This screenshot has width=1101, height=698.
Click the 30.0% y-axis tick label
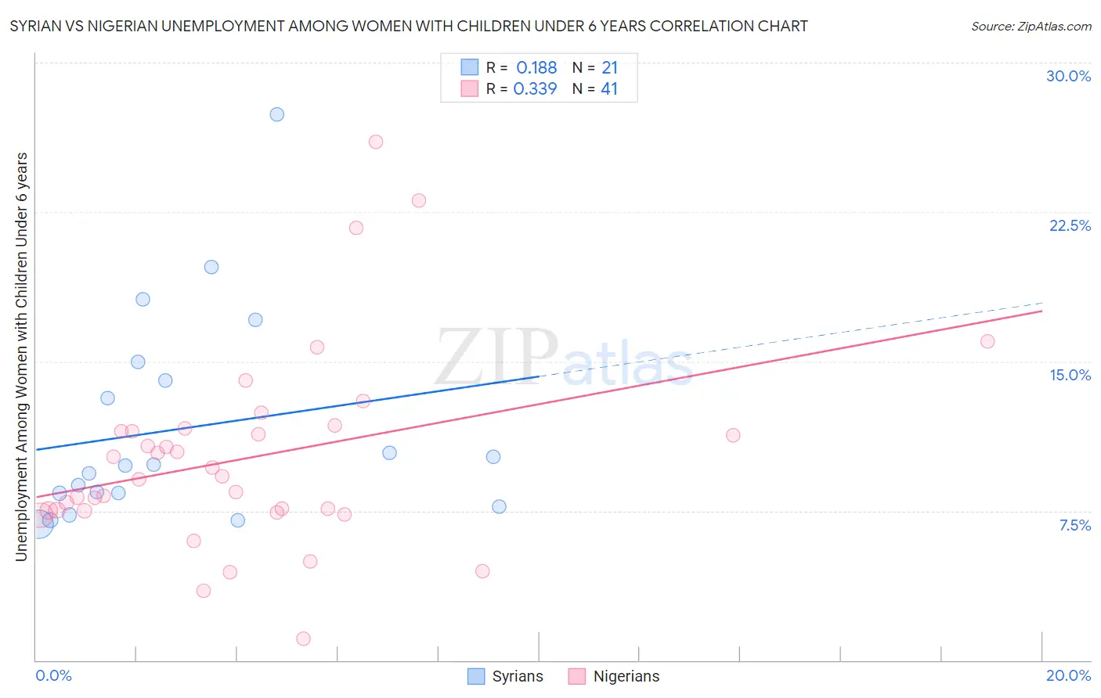click(x=1068, y=76)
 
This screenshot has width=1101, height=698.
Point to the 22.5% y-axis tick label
click(x=1070, y=225)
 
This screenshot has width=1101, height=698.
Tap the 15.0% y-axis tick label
click(x=1070, y=375)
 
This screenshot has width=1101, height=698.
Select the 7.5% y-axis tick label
click(x=1074, y=525)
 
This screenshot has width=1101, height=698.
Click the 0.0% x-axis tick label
click(x=53, y=675)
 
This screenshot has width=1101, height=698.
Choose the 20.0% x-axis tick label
click(x=1068, y=675)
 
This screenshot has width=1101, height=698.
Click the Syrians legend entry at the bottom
click(x=505, y=676)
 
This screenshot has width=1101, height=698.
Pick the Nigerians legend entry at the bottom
click(x=614, y=676)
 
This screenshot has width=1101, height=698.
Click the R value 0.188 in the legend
click(x=536, y=68)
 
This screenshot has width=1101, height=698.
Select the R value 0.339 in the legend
click(x=535, y=89)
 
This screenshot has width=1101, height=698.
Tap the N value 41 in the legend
click(x=609, y=89)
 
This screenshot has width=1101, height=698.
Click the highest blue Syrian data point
click(x=277, y=114)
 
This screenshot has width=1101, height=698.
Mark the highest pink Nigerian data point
click(x=376, y=142)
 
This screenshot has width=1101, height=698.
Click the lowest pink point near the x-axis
click(x=304, y=639)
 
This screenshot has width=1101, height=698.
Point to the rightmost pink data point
click(x=987, y=341)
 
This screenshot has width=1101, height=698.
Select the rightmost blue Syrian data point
click(x=499, y=506)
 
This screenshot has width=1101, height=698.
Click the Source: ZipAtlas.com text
click(x=1031, y=27)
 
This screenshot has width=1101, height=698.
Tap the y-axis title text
click(x=22, y=357)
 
